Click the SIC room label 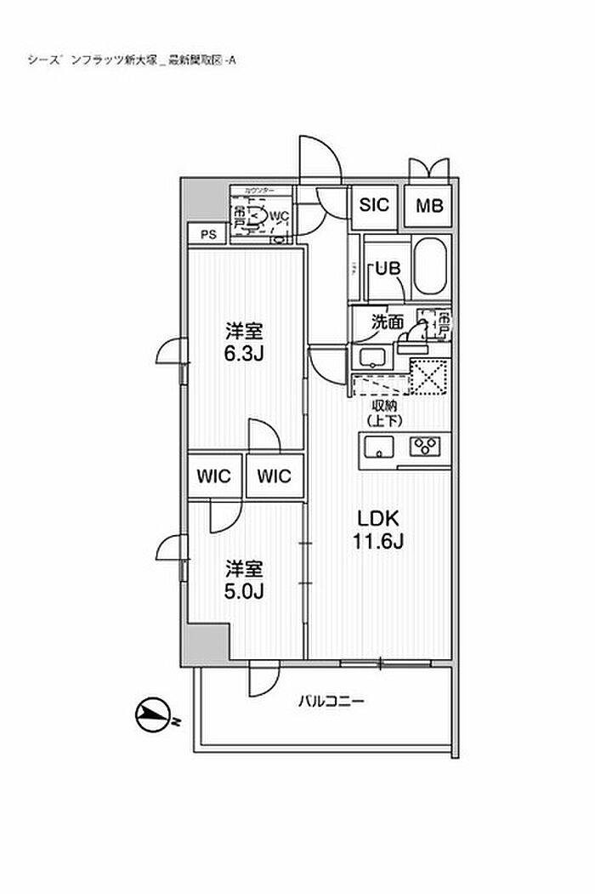click(x=374, y=204)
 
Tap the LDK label click(x=377, y=519)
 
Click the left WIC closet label click(x=215, y=476)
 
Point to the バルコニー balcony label click(x=331, y=703)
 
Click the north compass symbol click(x=153, y=716)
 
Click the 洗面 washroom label click(x=387, y=322)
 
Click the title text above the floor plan click(x=132, y=60)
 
